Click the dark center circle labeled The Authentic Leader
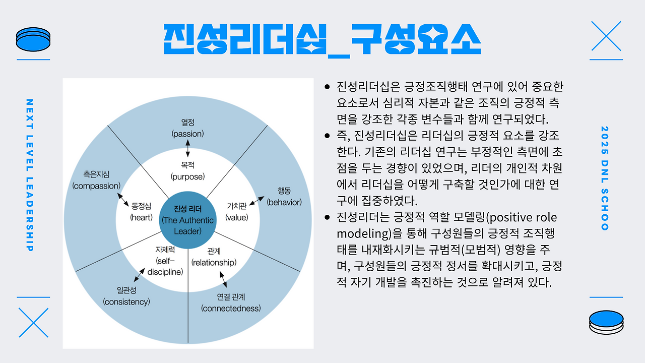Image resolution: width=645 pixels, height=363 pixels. [x=188, y=220]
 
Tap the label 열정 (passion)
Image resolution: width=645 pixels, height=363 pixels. [x=188, y=128]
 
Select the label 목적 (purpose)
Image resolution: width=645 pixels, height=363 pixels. [x=188, y=171]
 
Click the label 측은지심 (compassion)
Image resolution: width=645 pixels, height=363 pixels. [x=96, y=180]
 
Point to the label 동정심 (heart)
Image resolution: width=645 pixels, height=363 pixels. [x=141, y=212]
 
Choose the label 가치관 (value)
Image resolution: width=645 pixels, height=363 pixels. [x=237, y=212]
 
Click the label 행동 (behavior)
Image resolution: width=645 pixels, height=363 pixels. [x=284, y=197]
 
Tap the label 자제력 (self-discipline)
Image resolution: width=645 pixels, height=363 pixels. [x=165, y=261]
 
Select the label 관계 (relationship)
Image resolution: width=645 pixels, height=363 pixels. [x=214, y=257]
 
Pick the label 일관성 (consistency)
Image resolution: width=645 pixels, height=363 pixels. [x=126, y=296]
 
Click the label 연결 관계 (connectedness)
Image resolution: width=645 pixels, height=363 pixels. [x=231, y=303]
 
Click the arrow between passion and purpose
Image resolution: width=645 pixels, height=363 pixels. [x=188, y=148]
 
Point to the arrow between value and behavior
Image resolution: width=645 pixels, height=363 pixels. [x=256, y=201]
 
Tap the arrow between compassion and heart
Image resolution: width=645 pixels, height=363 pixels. [x=123, y=200]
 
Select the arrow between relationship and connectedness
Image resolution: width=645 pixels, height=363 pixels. [x=223, y=279]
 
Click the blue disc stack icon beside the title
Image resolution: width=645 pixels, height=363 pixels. [x=33, y=39]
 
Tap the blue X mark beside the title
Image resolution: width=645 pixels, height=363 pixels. [x=606, y=36]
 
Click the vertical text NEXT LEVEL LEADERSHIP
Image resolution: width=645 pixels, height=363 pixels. [x=30, y=175]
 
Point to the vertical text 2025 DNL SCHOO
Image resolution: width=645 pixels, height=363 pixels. [x=605, y=178]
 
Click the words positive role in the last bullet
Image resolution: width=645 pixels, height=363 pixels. [x=523, y=217]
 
